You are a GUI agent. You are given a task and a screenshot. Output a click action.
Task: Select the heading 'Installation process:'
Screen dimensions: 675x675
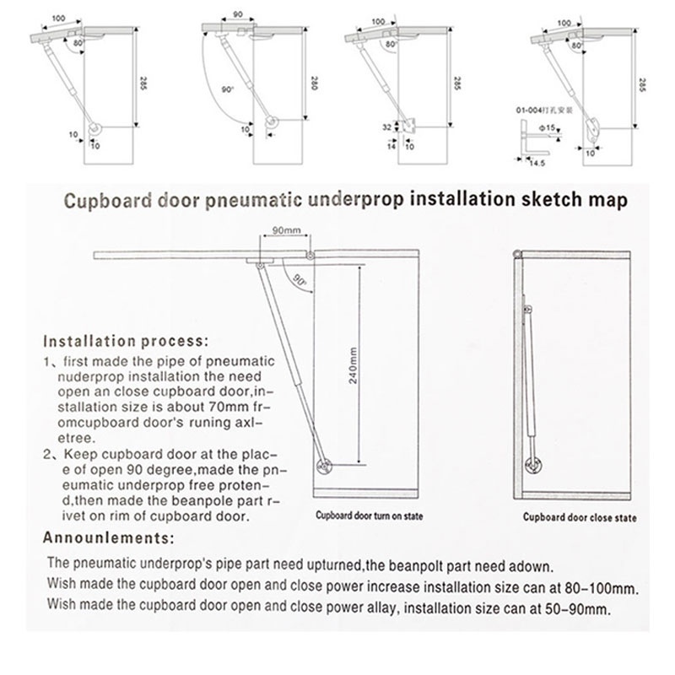point(123,343)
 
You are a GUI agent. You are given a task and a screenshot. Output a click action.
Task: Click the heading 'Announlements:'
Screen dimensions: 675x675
point(108,537)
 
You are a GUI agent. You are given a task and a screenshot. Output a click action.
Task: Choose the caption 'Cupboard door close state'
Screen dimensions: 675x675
point(579,517)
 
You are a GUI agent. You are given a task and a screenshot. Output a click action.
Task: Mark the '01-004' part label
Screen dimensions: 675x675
point(528,110)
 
